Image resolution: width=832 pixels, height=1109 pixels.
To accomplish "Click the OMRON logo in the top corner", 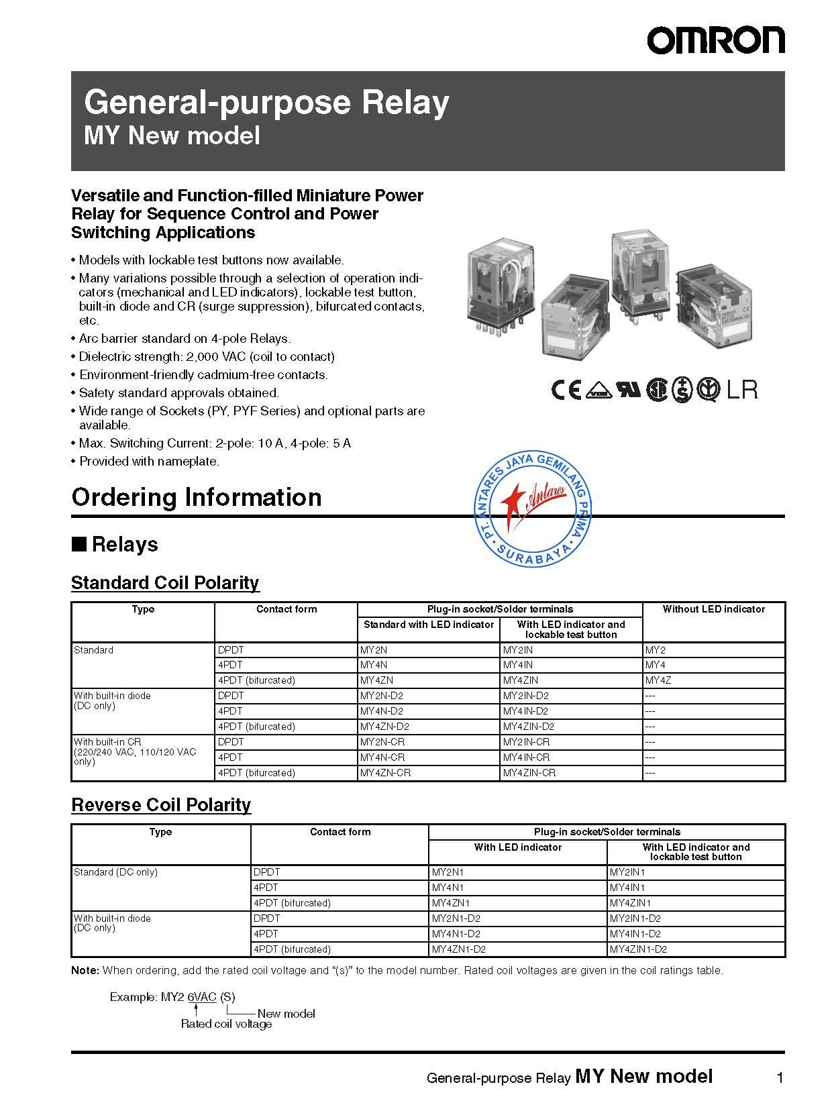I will click(x=715, y=40).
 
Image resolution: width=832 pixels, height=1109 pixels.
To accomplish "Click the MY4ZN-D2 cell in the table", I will click(x=384, y=727).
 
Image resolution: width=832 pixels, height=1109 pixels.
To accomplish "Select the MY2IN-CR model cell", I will click(x=526, y=742).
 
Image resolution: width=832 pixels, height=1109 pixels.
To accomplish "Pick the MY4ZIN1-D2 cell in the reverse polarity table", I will click(x=638, y=949).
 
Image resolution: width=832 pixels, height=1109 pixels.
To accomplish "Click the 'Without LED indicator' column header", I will click(x=713, y=609).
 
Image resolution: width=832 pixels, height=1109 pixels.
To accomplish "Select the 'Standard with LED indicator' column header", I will click(x=429, y=625).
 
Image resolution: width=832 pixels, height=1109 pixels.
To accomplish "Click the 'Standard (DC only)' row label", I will click(x=115, y=872).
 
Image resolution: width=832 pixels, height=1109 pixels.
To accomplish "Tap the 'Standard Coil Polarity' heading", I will click(x=165, y=582).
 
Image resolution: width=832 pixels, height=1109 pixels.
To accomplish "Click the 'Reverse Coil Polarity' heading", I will click(x=161, y=804).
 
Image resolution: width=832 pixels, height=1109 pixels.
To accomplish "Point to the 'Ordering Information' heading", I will click(x=197, y=497).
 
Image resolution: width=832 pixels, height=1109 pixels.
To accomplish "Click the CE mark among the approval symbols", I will click(x=566, y=390).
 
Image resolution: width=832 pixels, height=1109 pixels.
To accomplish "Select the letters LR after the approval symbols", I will click(x=741, y=390).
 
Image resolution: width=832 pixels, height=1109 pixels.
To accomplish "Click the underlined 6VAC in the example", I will click(x=201, y=997).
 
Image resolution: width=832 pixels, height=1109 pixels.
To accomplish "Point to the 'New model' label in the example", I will click(x=286, y=1014).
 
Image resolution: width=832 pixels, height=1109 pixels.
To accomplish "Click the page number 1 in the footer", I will click(x=780, y=1078).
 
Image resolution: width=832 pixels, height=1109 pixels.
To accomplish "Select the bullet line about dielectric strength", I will click(x=207, y=357).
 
